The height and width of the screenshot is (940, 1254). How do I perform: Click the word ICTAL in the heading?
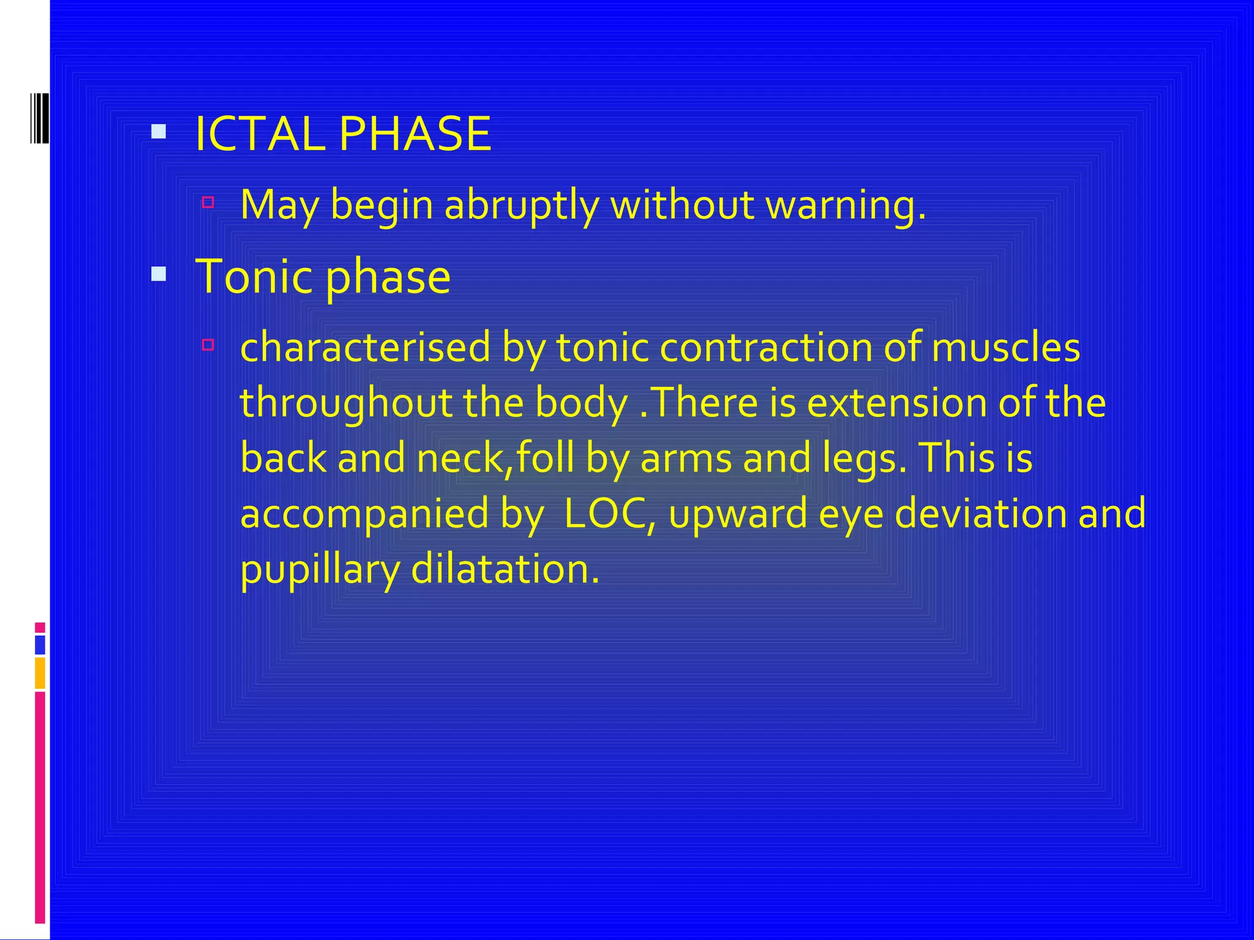click(x=260, y=134)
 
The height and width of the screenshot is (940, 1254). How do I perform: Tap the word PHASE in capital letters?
click(x=415, y=134)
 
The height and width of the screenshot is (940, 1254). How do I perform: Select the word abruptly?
click(x=521, y=206)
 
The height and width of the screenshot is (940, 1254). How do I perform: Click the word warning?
click(x=846, y=206)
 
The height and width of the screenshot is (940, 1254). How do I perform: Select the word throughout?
click(x=345, y=403)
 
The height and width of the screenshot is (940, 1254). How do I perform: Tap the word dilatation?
click(x=505, y=569)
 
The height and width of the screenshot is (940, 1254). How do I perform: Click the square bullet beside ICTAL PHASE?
click(x=159, y=131)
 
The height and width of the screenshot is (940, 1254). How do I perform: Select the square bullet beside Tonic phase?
click(x=159, y=274)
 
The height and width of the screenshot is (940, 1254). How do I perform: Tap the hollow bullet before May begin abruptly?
click(x=208, y=202)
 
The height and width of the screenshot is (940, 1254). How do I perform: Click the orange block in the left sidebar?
click(x=40, y=673)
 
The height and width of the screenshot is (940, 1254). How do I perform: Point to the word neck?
click(x=461, y=458)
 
